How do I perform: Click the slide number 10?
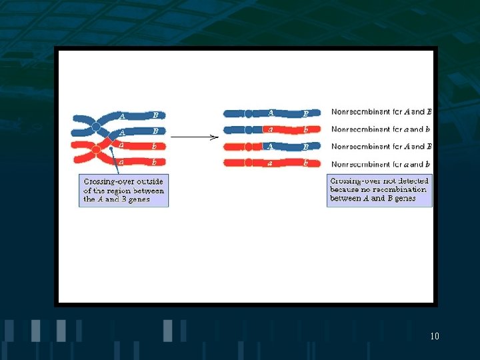point(435,336)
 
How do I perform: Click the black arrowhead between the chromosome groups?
point(214,138)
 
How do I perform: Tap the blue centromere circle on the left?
point(96,127)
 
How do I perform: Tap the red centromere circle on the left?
point(97,150)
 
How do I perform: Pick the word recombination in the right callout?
point(407,189)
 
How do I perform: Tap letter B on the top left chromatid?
point(155,115)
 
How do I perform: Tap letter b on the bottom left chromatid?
point(155,162)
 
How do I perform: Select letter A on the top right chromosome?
point(270,113)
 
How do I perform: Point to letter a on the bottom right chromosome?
point(270,162)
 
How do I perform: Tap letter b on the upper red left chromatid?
point(155,145)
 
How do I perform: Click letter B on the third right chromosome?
point(305,147)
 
